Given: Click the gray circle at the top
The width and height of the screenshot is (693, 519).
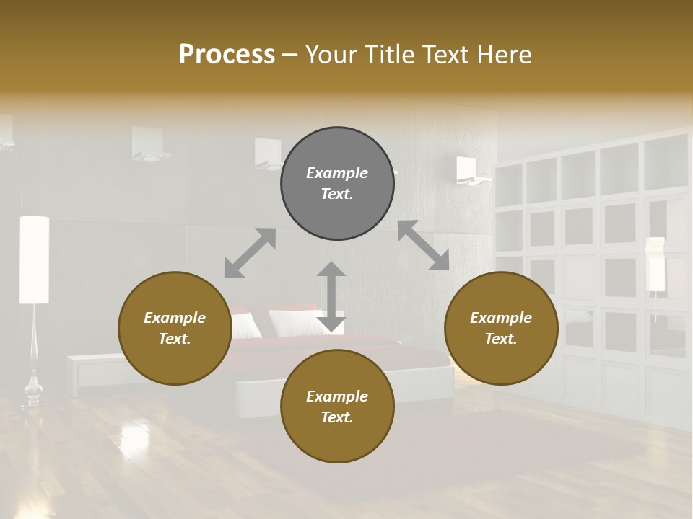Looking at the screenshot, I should pyautogui.click(x=337, y=184).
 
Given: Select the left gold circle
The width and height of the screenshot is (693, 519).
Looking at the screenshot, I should pyautogui.click(x=175, y=328).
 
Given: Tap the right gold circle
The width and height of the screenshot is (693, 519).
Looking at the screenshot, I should pyautogui.click(x=501, y=328).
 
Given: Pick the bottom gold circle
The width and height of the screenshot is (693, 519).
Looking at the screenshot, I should pyautogui.click(x=337, y=407).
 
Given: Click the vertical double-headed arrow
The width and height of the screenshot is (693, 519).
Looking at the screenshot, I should pyautogui.click(x=331, y=296).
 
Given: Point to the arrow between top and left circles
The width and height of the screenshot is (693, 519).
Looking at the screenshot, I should pyautogui.click(x=250, y=253).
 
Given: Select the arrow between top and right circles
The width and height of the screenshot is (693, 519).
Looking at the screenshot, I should pyautogui.click(x=423, y=245).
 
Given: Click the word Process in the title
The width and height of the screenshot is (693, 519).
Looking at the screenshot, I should pyautogui.click(x=227, y=54).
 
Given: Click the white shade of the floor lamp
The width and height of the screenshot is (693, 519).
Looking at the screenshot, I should pyautogui.click(x=34, y=259).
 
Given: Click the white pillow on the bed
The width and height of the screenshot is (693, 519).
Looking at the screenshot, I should pyautogui.click(x=296, y=322).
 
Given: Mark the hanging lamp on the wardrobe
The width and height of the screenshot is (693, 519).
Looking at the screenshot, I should pyautogui.click(x=655, y=265).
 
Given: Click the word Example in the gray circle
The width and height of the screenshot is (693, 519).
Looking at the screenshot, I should pyautogui.click(x=337, y=173).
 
